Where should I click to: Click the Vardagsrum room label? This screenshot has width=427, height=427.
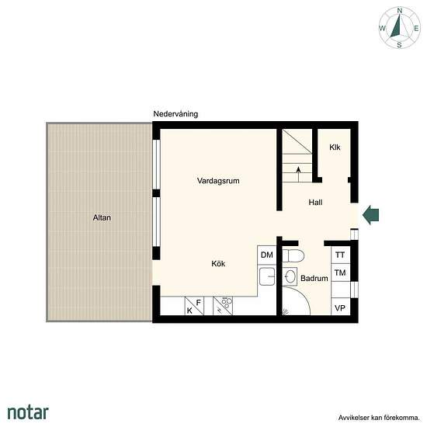coord(218,181)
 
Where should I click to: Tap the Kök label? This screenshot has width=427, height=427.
coord(218,264)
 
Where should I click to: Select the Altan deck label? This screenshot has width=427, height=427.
coord(102,217)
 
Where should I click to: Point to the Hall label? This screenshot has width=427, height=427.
coord(315,203)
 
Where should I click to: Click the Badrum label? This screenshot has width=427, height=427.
coord(314,278)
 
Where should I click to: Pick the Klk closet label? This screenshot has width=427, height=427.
coord(335,148)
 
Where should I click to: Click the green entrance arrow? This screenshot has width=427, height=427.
coord(370,215)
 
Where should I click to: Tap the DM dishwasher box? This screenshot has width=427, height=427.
coord(267,255)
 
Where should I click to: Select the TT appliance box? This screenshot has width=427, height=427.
coord(340,255)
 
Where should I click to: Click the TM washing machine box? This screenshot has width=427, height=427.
coord(340,273)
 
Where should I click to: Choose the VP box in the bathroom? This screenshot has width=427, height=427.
coord(340,307)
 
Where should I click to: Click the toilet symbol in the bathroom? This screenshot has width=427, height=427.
coord(293,255)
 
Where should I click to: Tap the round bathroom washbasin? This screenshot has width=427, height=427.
coord(290,276)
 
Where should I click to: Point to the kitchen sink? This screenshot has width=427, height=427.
coord(267,276)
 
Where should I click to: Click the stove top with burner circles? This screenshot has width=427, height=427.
coord(223,306)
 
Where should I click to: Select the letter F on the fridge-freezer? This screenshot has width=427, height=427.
coord(199,303)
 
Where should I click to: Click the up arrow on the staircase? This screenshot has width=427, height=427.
coord(298,174)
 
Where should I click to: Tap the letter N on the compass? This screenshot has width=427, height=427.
coord(400,11)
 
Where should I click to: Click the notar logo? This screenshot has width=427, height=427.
coord(28,412)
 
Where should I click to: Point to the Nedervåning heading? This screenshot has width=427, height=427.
coord(175,114)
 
